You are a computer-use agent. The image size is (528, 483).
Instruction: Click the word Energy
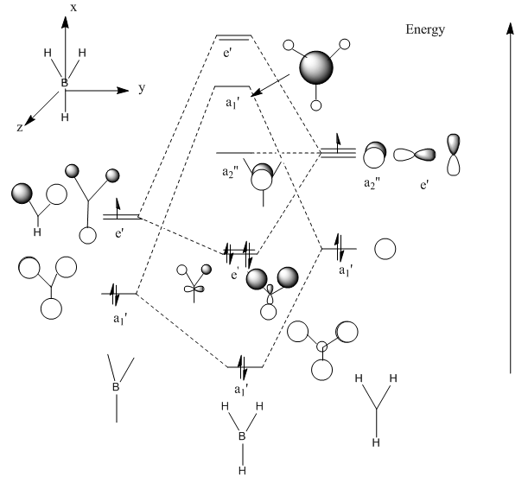click(425, 30)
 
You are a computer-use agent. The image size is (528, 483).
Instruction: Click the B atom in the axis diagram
click(63, 84)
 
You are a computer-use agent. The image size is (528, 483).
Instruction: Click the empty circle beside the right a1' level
click(385, 249)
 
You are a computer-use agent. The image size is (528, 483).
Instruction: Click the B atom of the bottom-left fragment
click(116, 387)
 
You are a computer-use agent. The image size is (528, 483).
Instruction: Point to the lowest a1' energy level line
click(245, 367)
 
